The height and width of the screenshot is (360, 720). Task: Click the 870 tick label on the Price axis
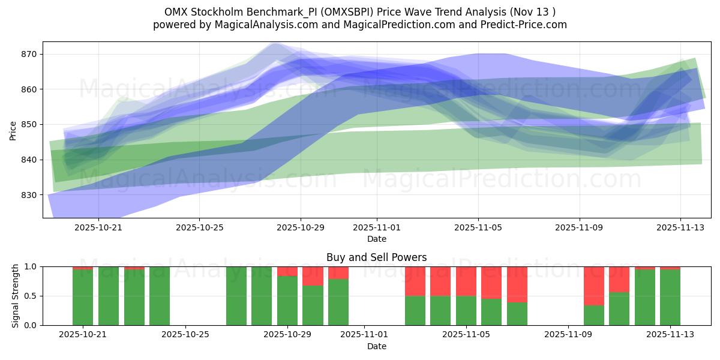(29, 54)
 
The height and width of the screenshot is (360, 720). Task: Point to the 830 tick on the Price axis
(29, 195)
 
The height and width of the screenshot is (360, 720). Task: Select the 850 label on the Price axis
(29, 125)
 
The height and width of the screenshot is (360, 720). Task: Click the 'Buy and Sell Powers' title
(376, 257)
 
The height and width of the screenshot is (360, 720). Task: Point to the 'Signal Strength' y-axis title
(16, 296)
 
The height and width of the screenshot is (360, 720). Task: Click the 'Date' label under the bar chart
(376, 346)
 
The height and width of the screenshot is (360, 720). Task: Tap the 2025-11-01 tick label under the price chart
(377, 228)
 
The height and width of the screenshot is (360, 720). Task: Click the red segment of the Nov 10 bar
(594, 286)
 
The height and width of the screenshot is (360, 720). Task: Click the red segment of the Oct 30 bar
(313, 276)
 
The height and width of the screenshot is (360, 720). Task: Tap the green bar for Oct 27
(236, 296)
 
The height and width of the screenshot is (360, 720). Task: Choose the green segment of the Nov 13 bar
(670, 298)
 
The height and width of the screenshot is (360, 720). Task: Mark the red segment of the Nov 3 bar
(415, 281)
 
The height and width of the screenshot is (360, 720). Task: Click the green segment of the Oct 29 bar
(287, 301)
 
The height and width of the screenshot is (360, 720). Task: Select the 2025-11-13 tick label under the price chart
(680, 228)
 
